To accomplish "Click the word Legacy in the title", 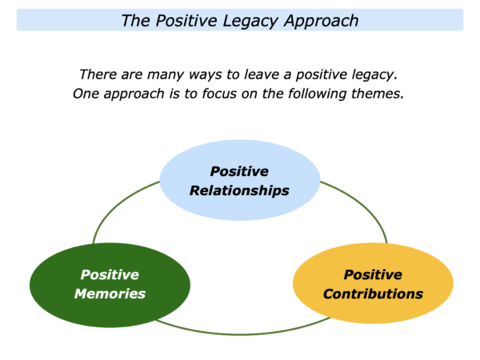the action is [250, 22].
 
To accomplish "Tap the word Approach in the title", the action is [321, 22].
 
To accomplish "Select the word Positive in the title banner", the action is [186, 21].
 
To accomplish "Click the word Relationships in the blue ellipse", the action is [239, 190].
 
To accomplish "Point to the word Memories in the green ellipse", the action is [110, 294].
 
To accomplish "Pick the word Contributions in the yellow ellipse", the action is [373, 294].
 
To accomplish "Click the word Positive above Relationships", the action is [239, 171].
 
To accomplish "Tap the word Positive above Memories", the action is [110, 274].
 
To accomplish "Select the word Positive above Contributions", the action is [373, 274].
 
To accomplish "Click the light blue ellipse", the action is [240, 208].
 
